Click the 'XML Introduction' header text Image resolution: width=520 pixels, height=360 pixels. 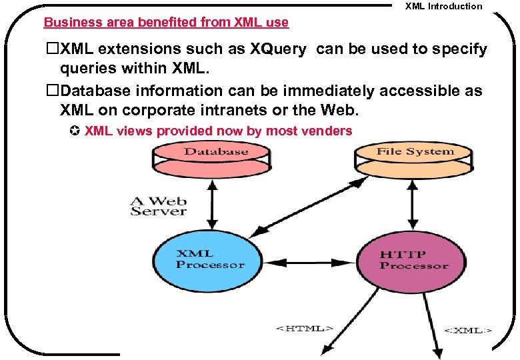tap(443, 6)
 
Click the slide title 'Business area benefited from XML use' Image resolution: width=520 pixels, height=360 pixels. tap(166, 22)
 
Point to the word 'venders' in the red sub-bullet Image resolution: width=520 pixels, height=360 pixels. tap(326, 131)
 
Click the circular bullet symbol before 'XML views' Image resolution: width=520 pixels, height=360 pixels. tap(75, 131)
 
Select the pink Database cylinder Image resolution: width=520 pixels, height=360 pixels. tap(215, 157)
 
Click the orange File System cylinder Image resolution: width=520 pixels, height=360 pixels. tap(415, 157)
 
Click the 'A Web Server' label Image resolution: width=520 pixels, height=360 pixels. tap(158, 205)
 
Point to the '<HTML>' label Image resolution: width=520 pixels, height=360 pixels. tap(304, 328)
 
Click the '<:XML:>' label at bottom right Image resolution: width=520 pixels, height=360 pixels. tap(469, 329)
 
